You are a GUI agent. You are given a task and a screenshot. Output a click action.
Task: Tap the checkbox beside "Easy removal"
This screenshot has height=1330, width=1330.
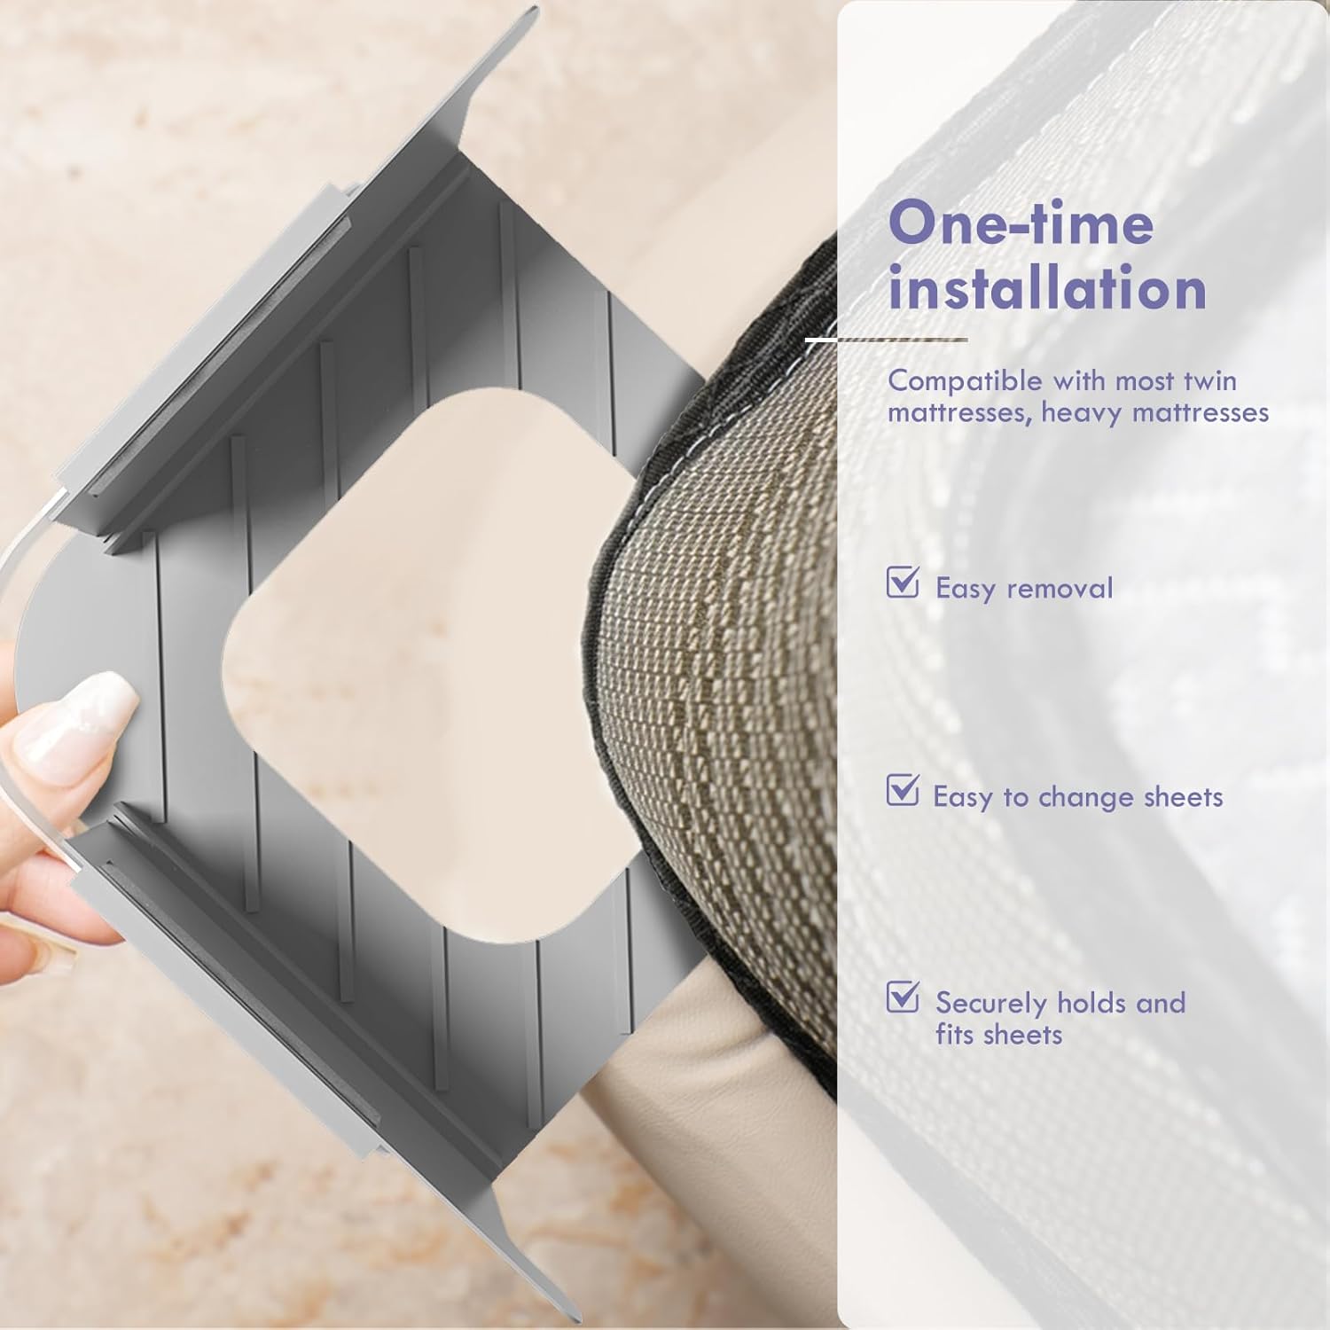903,582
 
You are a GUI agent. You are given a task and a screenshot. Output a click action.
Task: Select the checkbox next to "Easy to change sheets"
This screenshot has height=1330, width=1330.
903,789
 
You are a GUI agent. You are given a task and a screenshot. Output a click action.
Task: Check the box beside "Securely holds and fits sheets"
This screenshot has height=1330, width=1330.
903,996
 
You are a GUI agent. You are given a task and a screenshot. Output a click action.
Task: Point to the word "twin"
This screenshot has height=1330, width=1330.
1209,380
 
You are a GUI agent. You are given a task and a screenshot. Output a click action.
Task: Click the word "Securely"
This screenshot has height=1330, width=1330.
991,1004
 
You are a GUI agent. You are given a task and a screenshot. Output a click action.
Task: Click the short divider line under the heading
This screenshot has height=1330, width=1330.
886,340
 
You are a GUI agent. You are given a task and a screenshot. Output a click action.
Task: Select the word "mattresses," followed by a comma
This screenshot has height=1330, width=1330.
959,413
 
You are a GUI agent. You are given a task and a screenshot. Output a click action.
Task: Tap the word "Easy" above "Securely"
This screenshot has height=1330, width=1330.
963,797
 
